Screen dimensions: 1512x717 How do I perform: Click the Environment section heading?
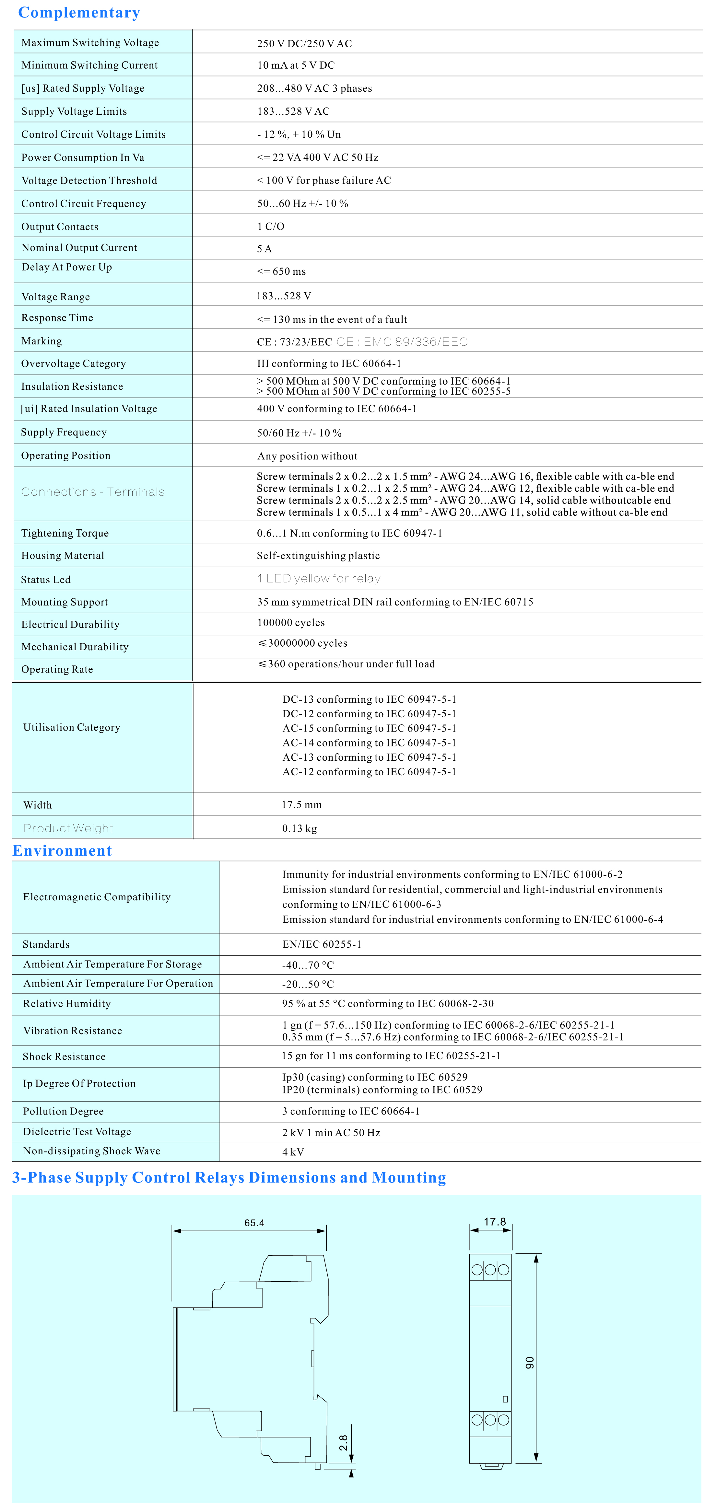[x=62, y=850]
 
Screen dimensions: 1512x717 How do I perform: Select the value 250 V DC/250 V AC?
[x=304, y=43]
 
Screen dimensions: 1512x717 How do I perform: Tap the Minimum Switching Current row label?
[x=89, y=65]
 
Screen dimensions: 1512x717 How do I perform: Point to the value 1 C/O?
[x=271, y=226]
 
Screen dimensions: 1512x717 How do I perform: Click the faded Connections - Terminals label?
[x=93, y=492]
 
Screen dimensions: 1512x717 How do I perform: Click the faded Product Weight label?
[x=68, y=828]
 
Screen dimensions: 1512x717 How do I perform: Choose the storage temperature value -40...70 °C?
[x=308, y=965]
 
